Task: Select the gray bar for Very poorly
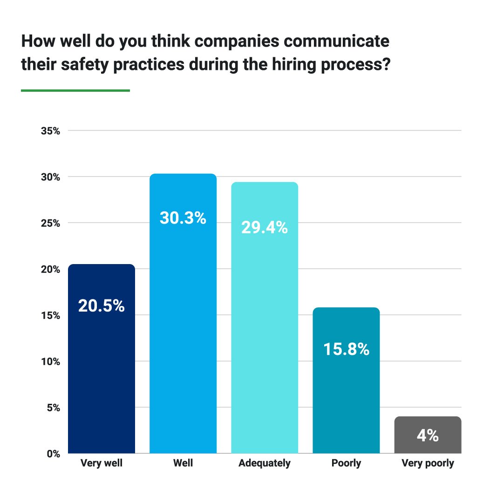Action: (x=428, y=435)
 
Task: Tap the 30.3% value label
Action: (x=183, y=218)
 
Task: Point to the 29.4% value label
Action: (x=264, y=228)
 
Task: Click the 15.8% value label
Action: (x=346, y=349)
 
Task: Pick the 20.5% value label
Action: (x=102, y=306)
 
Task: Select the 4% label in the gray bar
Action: (x=428, y=436)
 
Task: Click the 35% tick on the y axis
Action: (x=50, y=131)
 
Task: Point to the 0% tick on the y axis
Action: (x=53, y=454)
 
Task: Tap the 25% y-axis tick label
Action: (x=50, y=223)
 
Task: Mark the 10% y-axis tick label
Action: (x=50, y=361)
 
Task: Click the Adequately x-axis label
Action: (x=264, y=464)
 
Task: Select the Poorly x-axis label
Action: (x=346, y=464)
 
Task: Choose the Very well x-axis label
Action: (x=102, y=464)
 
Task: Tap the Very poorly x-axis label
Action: (x=428, y=464)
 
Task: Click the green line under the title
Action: (x=75, y=90)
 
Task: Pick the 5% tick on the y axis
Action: (x=53, y=408)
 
